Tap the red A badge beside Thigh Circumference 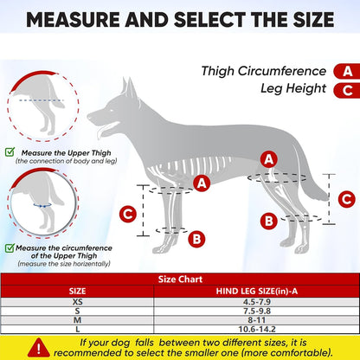(x=346, y=72)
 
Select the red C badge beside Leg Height (x=346, y=88)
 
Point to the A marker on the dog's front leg (x=202, y=183)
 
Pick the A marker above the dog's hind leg (x=270, y=159)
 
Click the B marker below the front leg (x=196, y=238)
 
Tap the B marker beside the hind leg (x=270, y=222)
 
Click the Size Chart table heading (x=179, y=280)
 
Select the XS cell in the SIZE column (x=78, y=302)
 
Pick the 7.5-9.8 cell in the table (x=257, y=312)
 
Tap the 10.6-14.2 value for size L (x=257, y=331)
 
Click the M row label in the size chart (x=78, y=321)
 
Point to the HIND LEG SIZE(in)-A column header (x=257, y=292)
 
